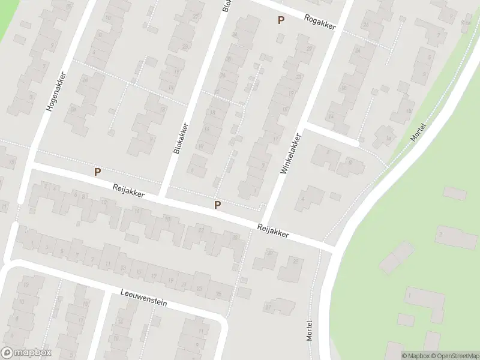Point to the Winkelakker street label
click(290, 154)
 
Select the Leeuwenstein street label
click(143, 298)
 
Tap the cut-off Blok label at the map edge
click(227, 5)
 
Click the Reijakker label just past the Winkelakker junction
click(273, 231)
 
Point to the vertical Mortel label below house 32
click(310, 330)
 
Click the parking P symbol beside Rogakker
click(280, 20)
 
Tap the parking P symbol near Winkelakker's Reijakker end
click(218, 205)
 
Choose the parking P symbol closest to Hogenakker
click(97, 172)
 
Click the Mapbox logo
click(26, 353)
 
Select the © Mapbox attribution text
click(415, 355)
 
